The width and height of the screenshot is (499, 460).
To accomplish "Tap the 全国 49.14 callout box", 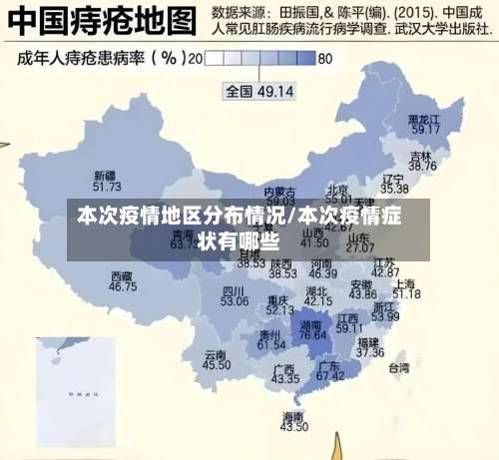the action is [x=258, y=91].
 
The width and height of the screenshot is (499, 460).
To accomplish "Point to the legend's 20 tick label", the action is [x=195, y=59].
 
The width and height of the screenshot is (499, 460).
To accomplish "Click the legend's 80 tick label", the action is [x=324, y=59].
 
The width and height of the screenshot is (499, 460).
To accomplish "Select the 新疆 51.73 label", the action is [x=106, y=181].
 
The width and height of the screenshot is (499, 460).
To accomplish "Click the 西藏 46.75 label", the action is [x=123, y=281].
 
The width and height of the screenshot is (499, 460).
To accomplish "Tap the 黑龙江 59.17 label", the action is [x=425, y=124].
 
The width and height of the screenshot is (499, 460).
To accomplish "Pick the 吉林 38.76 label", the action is [x=422, y=162].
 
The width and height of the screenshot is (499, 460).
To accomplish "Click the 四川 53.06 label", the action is [x=235, y=295].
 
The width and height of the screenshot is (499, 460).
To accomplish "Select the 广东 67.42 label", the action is [x=330, y=370].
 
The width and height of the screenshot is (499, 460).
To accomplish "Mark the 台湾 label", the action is [x=398, y=367].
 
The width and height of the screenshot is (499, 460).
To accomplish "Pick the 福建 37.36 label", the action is [x=369, y=346].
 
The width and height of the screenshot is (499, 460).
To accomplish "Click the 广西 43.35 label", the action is [x=284, y=373].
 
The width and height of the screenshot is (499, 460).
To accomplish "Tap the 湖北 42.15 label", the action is [x=317, y=295].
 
